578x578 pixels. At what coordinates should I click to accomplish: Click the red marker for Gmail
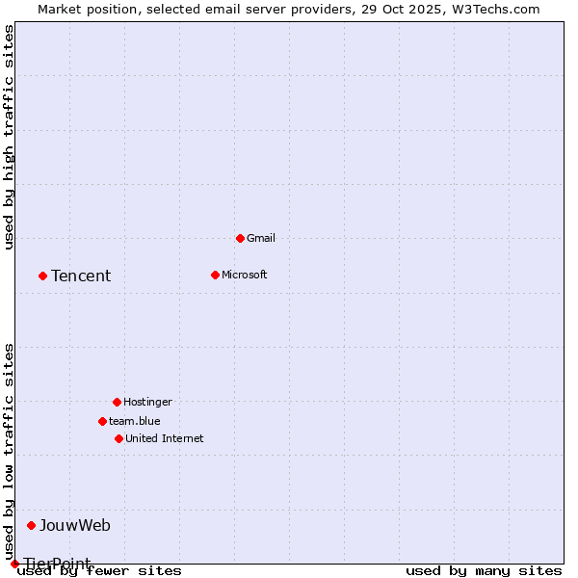(240, 238)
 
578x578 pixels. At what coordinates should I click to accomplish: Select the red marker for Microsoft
(215, 275)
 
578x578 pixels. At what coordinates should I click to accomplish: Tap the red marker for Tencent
(42, 276)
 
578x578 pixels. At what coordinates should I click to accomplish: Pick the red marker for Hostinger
(117, 402)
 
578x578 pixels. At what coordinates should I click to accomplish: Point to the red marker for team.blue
(102, 421)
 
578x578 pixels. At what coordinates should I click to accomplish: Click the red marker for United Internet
(118, 438)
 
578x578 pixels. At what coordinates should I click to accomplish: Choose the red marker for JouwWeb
(31, 525)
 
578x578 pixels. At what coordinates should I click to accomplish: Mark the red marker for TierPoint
(14, 564)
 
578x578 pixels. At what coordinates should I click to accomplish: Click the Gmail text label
(261, 238)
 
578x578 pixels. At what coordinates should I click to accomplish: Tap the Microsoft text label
(245, 275)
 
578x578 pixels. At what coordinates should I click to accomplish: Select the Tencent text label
(81, 276)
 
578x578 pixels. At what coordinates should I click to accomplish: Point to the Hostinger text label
(147, 402)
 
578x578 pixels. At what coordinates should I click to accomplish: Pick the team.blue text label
(135, 421)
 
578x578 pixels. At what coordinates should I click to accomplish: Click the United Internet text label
(165, 438)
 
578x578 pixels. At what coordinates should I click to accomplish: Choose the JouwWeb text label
(75, 526)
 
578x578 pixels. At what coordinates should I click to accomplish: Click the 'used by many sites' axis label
(484, 571)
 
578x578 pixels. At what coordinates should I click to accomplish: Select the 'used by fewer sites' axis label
(100, 571)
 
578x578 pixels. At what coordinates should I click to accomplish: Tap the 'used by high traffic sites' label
(10, 137)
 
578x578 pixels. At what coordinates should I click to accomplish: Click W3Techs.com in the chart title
(492, 9)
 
